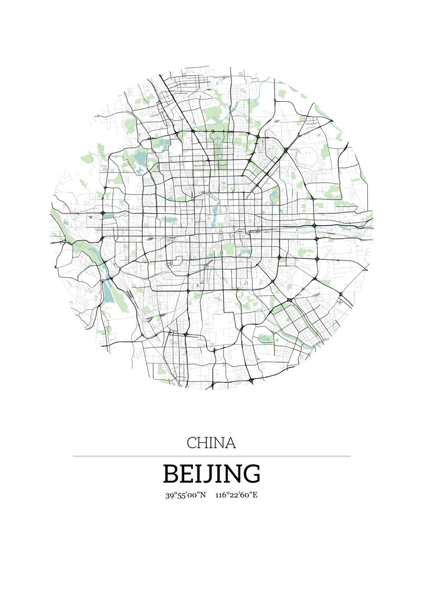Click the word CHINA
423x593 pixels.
211,443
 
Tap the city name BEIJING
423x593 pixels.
211,474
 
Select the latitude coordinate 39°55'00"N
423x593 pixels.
186,495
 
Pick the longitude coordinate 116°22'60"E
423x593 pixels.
236,495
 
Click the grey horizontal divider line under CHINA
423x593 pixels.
211,456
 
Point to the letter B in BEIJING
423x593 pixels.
171,474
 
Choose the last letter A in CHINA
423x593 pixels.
230,443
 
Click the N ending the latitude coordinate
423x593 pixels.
202,495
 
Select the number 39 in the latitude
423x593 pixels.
169,495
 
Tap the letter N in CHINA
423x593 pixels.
219,443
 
